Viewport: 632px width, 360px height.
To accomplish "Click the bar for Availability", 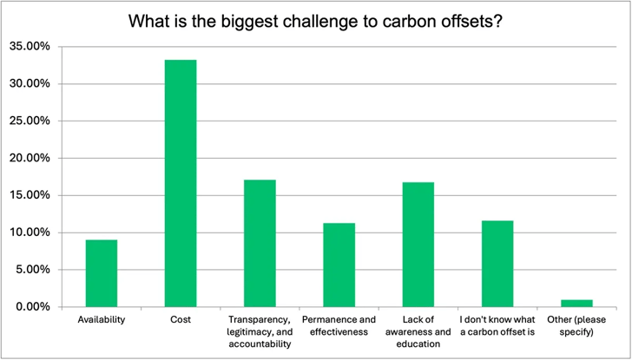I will pyautogui.click(x=102, y=273).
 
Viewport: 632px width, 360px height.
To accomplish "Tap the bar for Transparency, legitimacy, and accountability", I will pyautogui.click(x=260, y=243).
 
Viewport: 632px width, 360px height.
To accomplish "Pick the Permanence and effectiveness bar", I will pyautogui.click(x=339, y=265).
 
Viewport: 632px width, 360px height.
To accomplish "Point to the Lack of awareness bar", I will pyautogui.click(x=418, y=244).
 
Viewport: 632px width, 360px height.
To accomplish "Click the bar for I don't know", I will pyautogui.click(x=497, y=264).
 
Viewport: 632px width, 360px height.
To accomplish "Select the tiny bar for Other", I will pyautogui.click(x=576, y=304).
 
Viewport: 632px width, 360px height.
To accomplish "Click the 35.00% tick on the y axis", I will pyautogui.click(x=30, y=47).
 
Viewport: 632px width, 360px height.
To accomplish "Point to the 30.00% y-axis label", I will pyautogui.click(x=30, y=84).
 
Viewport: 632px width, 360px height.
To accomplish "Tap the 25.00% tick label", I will pyautogui.click(x=30, y=121).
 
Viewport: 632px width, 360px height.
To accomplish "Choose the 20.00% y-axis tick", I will pyautogui.click(x=30, y=159).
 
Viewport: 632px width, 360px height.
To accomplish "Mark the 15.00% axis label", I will pyautogui.click(x=30, y=195).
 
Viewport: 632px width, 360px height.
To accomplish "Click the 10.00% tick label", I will pyautogui.click(x=30, y=232).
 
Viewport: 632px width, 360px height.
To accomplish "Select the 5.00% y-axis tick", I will pyautogui.click(x=33, y=270).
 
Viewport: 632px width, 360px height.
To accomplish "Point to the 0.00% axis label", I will pyautogui.click(x=33, y=307).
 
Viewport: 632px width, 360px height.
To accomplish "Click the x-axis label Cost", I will pyautogui.click(x=181, y=320).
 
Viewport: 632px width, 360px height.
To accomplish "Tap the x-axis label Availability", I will pyautogui.click(x=102, y=320).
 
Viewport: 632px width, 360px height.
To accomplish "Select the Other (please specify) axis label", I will pyautogui.click(x=576, y=326).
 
